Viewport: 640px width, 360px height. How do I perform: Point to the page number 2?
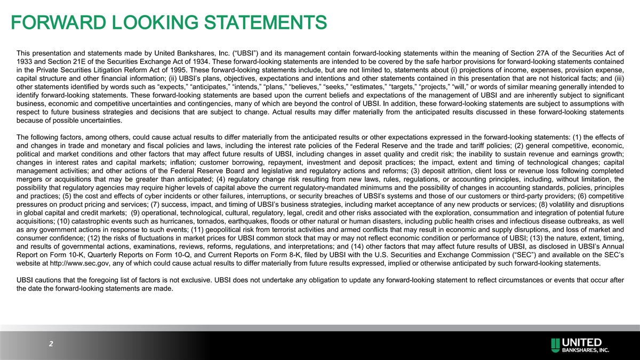pos(51,345)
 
